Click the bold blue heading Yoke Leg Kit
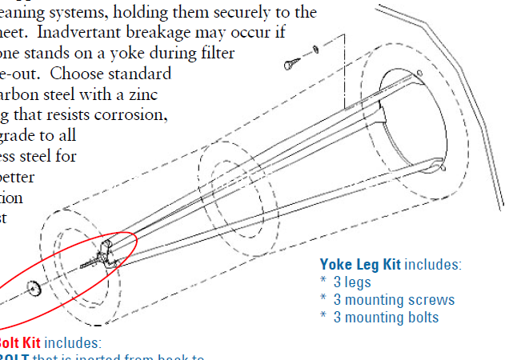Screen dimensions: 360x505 coord(360,265)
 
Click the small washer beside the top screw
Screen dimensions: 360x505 coord(315,50)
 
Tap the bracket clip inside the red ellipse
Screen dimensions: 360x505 coord(103,254)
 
